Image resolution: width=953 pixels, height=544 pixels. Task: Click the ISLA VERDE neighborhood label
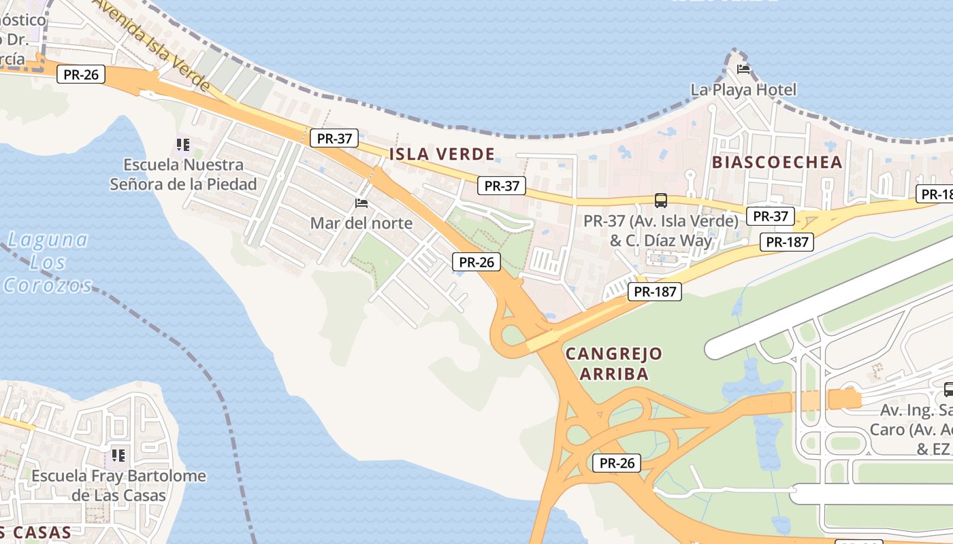pos(442,154)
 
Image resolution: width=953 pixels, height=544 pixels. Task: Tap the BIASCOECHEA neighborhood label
pos(777,162)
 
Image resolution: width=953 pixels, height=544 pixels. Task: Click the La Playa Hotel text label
pos(743,90)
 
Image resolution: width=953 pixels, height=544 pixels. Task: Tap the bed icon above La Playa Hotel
pos(743,69)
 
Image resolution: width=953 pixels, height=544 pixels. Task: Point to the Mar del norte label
pos(361,223)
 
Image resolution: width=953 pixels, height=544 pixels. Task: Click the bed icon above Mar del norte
pos(361,203)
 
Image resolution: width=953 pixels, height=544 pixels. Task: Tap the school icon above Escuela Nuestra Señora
pos(182,144)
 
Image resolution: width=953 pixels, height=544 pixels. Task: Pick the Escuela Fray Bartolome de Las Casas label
pos(119,485)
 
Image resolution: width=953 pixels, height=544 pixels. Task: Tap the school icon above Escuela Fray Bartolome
pos(119,455)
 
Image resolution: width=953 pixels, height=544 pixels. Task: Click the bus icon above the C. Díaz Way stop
pos(661,200)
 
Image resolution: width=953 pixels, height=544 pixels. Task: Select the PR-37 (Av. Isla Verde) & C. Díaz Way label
pos(660,231)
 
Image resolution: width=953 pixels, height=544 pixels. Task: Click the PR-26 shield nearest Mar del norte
pos(476,262)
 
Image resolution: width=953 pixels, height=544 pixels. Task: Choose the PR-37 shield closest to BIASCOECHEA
pos(771,216)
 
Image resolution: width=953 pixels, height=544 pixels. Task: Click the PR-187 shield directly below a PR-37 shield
pos(787,241)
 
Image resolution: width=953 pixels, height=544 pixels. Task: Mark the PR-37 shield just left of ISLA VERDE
pos(335,138)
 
